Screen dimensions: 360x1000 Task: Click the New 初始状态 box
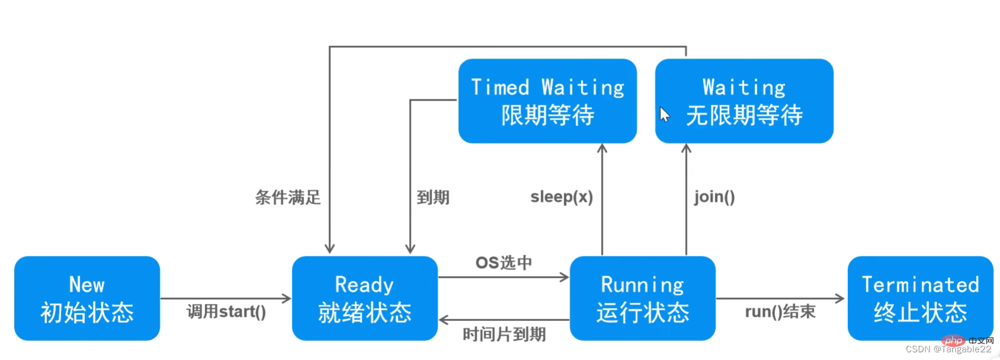pyautogui.click(x=87, y=298)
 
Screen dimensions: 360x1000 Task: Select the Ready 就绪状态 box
pyautogui.click(x=365, y=298)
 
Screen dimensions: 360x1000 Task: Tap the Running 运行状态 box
pyautogui.click(x=642, y=298)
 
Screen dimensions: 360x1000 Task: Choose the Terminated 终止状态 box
pyautogui.click(x=920, y=298)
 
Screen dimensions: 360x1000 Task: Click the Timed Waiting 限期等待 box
pyautogui.click(x=548, y=101)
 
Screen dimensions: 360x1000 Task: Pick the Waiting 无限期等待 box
pyautogui.click(x=744, y=101)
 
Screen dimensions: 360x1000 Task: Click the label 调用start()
pyautogui.click(x=226, y=311)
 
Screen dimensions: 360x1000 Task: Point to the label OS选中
pyautogui.click(x=504, y=262)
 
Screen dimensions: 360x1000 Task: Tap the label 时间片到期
pyautogui.click(x=504, y=335)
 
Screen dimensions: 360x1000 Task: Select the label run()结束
pyautogui.click(x=780, y=311)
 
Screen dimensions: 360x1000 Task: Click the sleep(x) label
pyautogui.click(x=561, y=197)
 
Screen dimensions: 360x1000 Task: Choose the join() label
pyautogui.click(x=715, y=197)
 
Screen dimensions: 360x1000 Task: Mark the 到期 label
pyautogui.click(x=433, y=197)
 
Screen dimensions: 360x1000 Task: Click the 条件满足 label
pyautogui.click(x=288, y=197)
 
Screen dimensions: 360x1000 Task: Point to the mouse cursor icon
pyautogui.click(x=665, y=114)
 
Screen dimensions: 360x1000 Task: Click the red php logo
pyautogui.click(x=953, y=340)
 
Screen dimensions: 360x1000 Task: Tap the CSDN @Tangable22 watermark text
pyautogui.click(x=948, y=349)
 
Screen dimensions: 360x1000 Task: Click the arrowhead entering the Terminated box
pyautogui.click(x=840, y=298)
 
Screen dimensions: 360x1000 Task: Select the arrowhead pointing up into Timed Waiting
pyautogui.click(x=602, y=148)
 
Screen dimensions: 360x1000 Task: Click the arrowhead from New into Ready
pyautogui.click(x=287, y=298)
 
